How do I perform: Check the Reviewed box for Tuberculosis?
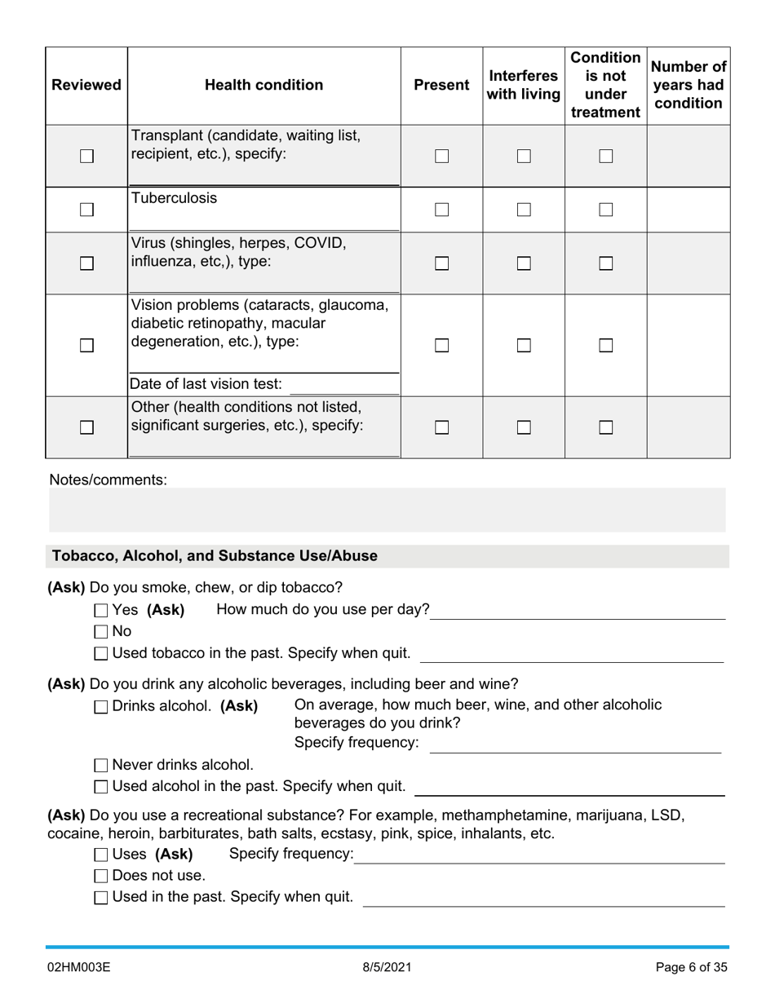86,210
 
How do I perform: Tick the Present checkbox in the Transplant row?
441,156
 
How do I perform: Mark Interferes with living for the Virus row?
524,263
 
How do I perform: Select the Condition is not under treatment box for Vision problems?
605,345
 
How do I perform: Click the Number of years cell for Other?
688,427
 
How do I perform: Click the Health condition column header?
263,85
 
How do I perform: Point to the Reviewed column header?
86,85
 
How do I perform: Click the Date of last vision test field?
343,384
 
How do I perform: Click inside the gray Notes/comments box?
387,510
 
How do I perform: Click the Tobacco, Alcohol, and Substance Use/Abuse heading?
215,556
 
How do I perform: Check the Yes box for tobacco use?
101,610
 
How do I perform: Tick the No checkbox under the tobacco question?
101,631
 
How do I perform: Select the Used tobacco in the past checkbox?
101,653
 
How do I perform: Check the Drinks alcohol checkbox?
101,707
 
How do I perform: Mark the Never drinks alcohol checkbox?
101,765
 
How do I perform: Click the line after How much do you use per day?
577,612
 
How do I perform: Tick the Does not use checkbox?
101,876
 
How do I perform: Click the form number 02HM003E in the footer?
78,968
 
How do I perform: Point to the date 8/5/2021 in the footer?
387,968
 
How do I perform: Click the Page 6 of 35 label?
691,968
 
